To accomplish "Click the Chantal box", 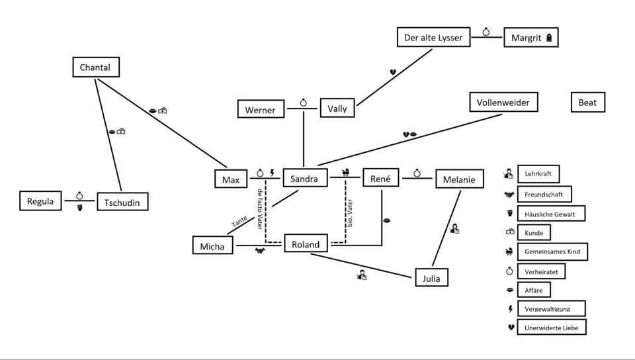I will [95, 67].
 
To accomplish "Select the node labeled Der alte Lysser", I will [433, 38].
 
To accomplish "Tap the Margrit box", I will [531, 38].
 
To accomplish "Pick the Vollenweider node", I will [503, 103].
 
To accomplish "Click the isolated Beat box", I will [587, 103].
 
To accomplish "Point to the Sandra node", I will [304, 179].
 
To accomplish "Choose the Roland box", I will [306, 244].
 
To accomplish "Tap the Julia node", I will [431, 278].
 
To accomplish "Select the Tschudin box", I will [122, 202].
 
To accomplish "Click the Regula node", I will [40, 201].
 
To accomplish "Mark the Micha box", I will [212, 246].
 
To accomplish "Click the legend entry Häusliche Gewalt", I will [550, 214].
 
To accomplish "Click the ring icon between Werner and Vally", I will [303, 103].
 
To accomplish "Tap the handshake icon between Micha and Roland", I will [259, 251].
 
